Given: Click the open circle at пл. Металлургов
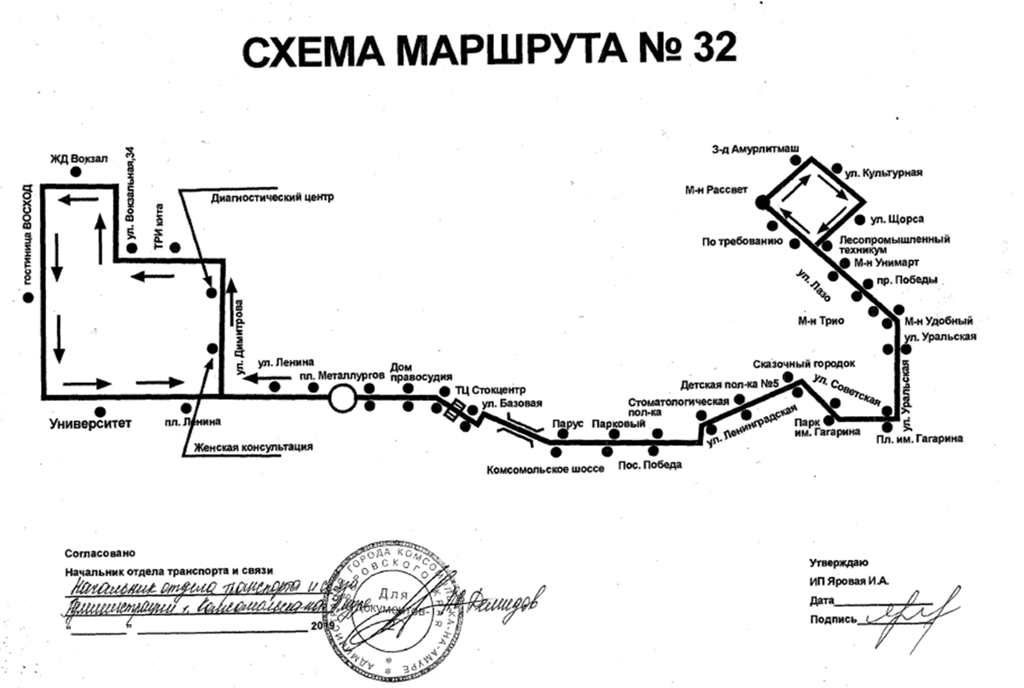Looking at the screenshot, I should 342,397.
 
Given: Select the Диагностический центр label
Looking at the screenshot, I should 271,197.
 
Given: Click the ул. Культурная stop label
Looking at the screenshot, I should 883,173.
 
